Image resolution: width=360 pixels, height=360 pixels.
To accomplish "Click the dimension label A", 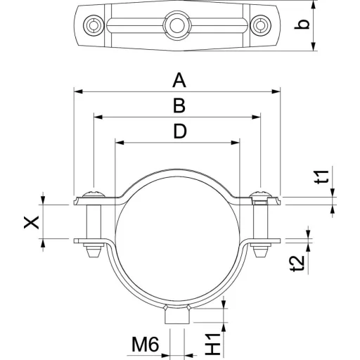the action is tap(179, 80).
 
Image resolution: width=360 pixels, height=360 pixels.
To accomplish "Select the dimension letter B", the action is tap(179, 105).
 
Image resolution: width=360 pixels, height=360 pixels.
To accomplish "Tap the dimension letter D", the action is tap(180, 131).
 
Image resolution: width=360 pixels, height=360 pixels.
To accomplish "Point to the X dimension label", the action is tap(32, 222).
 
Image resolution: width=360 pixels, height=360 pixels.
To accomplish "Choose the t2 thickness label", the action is tap(299, 264).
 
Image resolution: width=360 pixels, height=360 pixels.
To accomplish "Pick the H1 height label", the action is tap(213, 344).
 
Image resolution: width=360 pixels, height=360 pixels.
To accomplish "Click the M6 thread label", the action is tap(146, 344).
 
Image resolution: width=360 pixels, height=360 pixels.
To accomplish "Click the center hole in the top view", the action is tap(177, 25).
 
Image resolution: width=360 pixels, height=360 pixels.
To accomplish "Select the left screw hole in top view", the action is tap(94, 25).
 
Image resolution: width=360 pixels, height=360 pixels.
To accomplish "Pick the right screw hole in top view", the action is tap(261, 25).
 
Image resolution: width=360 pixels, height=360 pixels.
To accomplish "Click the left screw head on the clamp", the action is tap(94, 194).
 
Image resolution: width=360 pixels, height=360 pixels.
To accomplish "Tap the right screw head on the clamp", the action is tap(261, 194).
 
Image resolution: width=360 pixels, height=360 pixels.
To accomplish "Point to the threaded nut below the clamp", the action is tap(177, 314).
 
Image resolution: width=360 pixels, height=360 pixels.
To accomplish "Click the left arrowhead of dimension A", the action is tap(78, 91).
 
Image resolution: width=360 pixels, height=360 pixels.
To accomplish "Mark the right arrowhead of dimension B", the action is tap(256, 117).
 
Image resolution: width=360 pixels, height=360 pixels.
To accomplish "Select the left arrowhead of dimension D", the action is tap(120, 143).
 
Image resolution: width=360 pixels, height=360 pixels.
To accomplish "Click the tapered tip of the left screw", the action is tap(94, 252).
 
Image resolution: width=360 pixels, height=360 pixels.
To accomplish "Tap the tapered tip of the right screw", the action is tap(261, 252).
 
